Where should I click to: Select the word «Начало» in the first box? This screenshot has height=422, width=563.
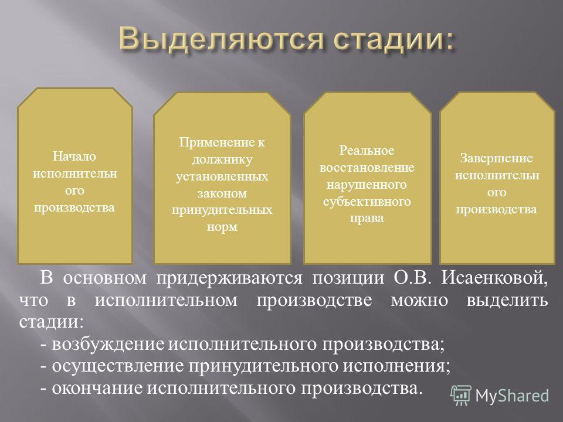click(74, 156)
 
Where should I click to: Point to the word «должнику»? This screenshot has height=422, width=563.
click(222, 159)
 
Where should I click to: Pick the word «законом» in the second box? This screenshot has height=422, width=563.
click(222, 193)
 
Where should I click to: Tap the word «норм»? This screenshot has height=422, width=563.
click(222, 227)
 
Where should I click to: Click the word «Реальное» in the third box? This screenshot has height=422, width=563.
click(367, 151)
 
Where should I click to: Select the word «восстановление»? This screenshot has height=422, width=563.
click(367, 168)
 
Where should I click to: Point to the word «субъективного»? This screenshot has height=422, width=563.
click(367, 201)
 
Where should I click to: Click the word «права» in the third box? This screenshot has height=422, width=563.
click(367, 219)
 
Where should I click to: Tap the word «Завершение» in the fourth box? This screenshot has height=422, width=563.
click(497, 158)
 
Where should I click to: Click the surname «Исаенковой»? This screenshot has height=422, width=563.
click(494, 278)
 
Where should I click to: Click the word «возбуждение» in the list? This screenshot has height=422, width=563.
click(108, 345)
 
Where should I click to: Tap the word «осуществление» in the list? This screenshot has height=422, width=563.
click(118, 366)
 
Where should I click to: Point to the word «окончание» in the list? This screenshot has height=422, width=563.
click(97, 388)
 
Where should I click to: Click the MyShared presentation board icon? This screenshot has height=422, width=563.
click(461, 395)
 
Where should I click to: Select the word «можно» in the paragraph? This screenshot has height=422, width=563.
click(419, 301)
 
